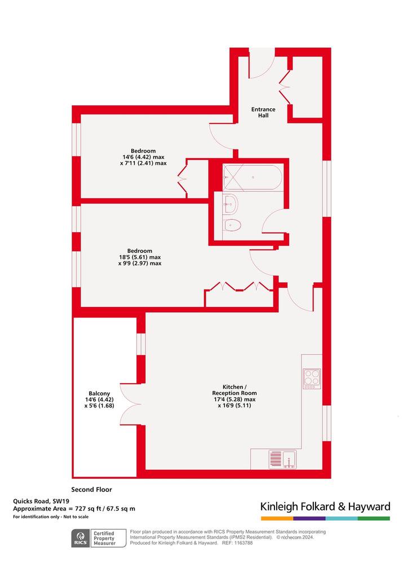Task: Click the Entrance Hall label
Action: click(x=263, y=112)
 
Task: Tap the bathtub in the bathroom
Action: click(x=253, y=177)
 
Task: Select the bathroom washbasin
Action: click(x=231, y=204)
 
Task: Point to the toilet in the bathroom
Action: click(x=232, y=225)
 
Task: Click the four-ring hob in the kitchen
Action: click(x=312, y=378)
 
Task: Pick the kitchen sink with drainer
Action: click(x=282, y=459)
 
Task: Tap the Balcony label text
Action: click(x=99, y=393)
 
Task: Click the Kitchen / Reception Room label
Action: click(x=234, y=390)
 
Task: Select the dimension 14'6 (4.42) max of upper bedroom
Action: click(x=143, y=157)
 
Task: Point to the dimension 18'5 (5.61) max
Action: click(x=140, y=257)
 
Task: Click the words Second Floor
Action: click(x=91, y=490)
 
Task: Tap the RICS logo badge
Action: click(x=81, y=539)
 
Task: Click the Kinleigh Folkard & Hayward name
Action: click(x=325, y=507)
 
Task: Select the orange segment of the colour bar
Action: click(x=277, y=518)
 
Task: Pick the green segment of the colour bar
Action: click(x=374, y=518)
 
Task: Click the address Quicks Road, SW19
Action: click(x=41, y=501)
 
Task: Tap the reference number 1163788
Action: click(x=243, y=543)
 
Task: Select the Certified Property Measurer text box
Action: click(x=104, y=538)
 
